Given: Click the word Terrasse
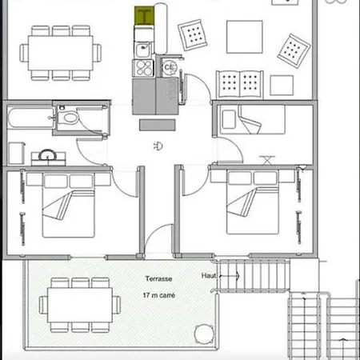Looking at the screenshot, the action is coord(158,279).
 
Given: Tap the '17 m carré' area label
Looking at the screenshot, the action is coord(159,295).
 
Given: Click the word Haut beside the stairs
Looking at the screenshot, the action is coord(209,275).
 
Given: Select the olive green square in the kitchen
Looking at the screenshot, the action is coord(144,16).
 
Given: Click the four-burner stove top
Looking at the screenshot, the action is coord(143,68).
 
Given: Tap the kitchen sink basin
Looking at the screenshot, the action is coord(143,50).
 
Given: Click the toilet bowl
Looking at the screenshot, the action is coord(70,118).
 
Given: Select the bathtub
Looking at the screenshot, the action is coord(30,118).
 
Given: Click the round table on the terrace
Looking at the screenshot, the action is coord(204,334).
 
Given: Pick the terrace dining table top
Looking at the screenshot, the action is coord(80,305).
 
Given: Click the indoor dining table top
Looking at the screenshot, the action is coord(60,53).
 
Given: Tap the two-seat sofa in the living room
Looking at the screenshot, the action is coord(240,84).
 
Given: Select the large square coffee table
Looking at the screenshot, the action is coord(245,37).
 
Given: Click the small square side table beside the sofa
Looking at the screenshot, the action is coord(282,86).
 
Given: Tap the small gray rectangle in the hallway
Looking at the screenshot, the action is coord(158,125).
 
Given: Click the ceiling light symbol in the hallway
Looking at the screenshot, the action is coord(158,146).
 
